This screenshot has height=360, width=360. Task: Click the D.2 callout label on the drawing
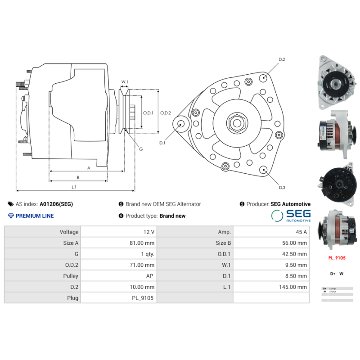(x=282, y=59)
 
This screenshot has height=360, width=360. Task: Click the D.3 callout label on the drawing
(x=282, y=187)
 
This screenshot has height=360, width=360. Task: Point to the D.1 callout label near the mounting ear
(x=162, y=143)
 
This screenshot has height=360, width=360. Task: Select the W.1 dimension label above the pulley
(x=125, y=82)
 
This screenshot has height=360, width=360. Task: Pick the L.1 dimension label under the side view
(x=74, y=186)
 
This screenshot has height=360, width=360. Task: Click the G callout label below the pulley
(x=141, y=149)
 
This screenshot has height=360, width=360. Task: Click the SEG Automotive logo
(x=291, y=216)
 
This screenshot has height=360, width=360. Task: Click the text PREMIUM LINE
(x=34, y=216)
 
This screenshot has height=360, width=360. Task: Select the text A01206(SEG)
(x=56, y=204)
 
